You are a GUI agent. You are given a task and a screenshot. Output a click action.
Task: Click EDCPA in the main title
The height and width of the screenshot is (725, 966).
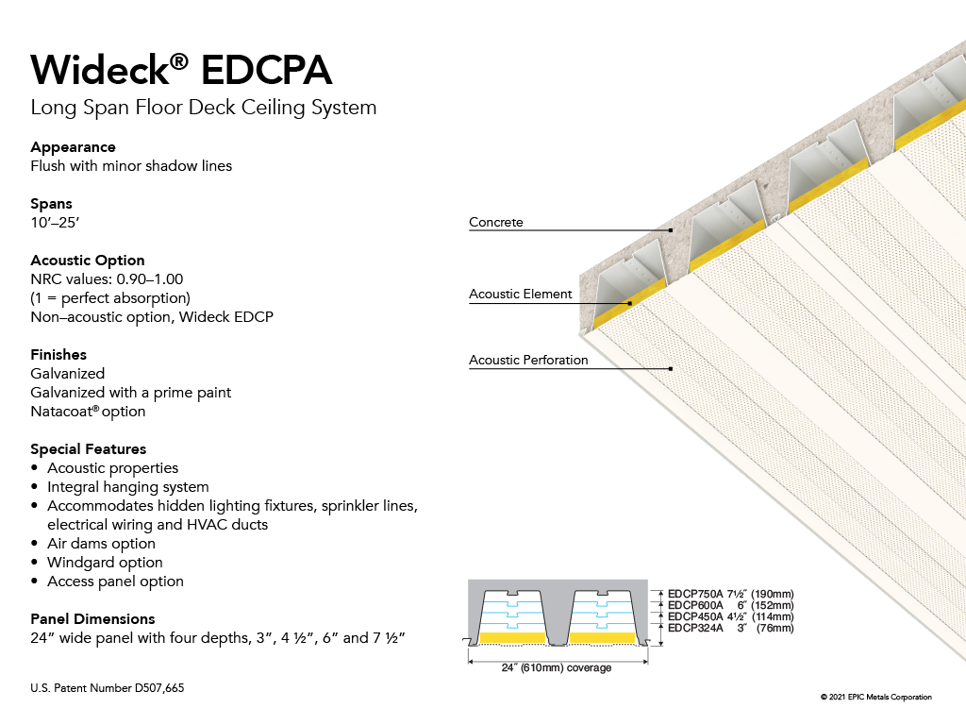(x=266, y=70)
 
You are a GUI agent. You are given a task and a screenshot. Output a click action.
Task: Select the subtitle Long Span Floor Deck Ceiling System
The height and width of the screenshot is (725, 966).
(x=204, y=108)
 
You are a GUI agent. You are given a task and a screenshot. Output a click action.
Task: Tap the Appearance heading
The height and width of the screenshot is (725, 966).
(x=74, y=147)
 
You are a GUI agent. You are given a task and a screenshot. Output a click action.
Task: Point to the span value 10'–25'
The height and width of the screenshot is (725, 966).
(x=55, y=223)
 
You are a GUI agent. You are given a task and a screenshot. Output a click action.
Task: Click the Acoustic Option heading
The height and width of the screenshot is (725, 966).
(x=88, y=261)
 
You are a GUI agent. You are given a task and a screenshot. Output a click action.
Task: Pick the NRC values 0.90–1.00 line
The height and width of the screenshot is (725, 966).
(x=107, y=279)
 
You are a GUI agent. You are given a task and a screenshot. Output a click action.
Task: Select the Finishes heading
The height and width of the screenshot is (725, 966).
(x=58, y=355)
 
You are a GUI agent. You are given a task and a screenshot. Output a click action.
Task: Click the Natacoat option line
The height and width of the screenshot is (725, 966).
(x=88, y=412)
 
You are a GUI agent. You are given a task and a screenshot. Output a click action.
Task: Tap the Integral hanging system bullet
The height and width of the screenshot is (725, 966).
(x=128, y=487)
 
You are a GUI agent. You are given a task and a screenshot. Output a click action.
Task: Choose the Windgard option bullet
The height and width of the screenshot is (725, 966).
(x=106, y=563)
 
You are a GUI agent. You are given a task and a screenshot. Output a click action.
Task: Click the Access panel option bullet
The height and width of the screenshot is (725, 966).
(x=115, y=582)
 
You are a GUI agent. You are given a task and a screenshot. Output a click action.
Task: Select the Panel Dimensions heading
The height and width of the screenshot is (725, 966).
(x=93, y=619)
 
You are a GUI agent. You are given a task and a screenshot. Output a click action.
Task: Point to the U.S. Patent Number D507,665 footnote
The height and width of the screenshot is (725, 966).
(x=108, y=688)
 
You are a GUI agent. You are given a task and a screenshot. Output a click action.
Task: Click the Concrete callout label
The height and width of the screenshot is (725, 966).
(x=496, y=222)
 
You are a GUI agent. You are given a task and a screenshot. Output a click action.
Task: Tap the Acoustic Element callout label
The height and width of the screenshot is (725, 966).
(x=521, y=295)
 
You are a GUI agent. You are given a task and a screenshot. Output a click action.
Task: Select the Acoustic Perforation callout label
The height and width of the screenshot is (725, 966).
(x=528, y=360)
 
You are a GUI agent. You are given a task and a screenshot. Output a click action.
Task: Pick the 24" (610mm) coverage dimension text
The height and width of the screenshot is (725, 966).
(x=557, y=667)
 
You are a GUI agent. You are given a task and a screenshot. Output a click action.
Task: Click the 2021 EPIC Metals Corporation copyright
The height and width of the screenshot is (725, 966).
(x=876, y=698)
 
